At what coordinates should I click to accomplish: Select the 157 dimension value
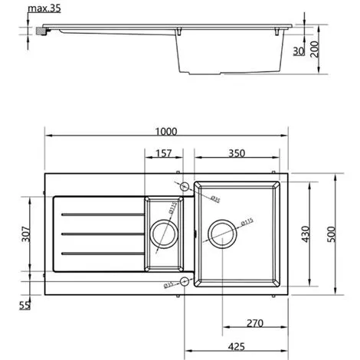(x=162, y=153)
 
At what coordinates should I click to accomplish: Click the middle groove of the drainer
(x=100, y=232)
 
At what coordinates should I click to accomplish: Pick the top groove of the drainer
(x=100, y=212)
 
